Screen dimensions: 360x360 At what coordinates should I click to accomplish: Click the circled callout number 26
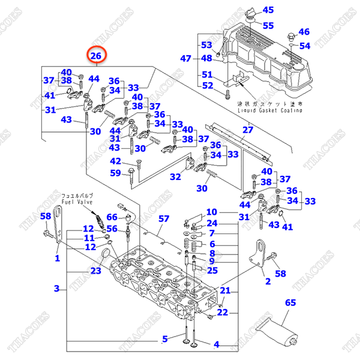[x=96, y=56]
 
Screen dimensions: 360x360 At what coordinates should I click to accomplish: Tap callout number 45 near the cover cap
[x=268, y=10]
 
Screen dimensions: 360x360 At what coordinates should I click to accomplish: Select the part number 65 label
[x=290, y=304]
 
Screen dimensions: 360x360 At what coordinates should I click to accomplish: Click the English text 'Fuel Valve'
[x=76, y=202]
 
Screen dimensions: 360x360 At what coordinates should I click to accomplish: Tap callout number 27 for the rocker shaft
[x=248, y=130]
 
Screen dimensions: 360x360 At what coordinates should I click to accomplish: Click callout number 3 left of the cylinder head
[x=57, y=289]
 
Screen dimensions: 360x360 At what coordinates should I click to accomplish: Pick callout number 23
[x=96, y=270]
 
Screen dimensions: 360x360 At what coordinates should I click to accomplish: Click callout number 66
[x=112, y=217]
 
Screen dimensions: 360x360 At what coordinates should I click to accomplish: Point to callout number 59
[x=115, y=173]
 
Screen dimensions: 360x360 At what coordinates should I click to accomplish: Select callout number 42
[x=115, y=161]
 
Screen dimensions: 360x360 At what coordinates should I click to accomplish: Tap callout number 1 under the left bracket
[x=58, y=259]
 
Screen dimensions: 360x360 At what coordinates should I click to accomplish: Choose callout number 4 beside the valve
[x=217, y=344]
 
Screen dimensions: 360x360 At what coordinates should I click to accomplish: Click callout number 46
[x=304, y=32]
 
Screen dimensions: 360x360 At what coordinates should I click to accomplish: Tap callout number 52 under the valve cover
[x=207, y=86]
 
